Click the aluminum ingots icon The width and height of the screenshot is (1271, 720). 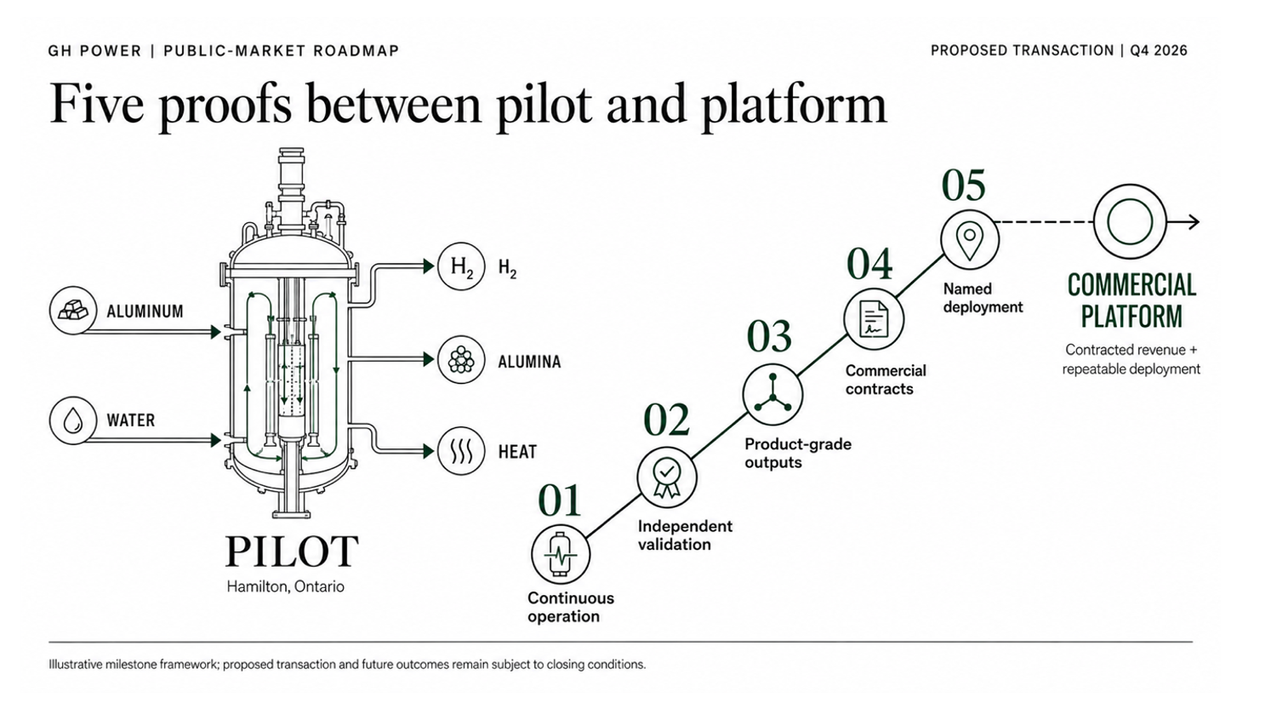coord(72,310)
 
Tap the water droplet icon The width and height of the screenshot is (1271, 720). coord(72,420)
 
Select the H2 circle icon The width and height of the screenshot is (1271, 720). coord(461,266)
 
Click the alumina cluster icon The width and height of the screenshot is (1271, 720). coord(461,359)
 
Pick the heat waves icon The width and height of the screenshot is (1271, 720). coord(461,451)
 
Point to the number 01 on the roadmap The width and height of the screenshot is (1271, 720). coord(560,500)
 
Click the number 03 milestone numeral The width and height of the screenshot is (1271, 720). coord(769,337)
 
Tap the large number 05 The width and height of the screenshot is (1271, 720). coord(964,186)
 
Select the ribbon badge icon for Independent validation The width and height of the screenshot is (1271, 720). coord(667,477)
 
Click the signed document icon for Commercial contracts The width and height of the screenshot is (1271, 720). coord(874,319)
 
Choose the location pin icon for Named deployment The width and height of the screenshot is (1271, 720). coord(970,239)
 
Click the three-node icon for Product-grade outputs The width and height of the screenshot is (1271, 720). coord(772,394)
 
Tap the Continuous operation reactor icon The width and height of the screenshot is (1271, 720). coord(561,554)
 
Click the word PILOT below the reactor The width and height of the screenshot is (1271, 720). coord(292,551)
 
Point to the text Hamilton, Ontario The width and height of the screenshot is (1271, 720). coord(285,586)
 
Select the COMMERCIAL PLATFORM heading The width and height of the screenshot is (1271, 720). coord(1132,301)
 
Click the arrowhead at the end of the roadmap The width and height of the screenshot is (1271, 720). coord(1194,222)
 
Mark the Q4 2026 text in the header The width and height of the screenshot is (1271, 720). coord(1159,50)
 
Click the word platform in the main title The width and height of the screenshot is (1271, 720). coord(794,106)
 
